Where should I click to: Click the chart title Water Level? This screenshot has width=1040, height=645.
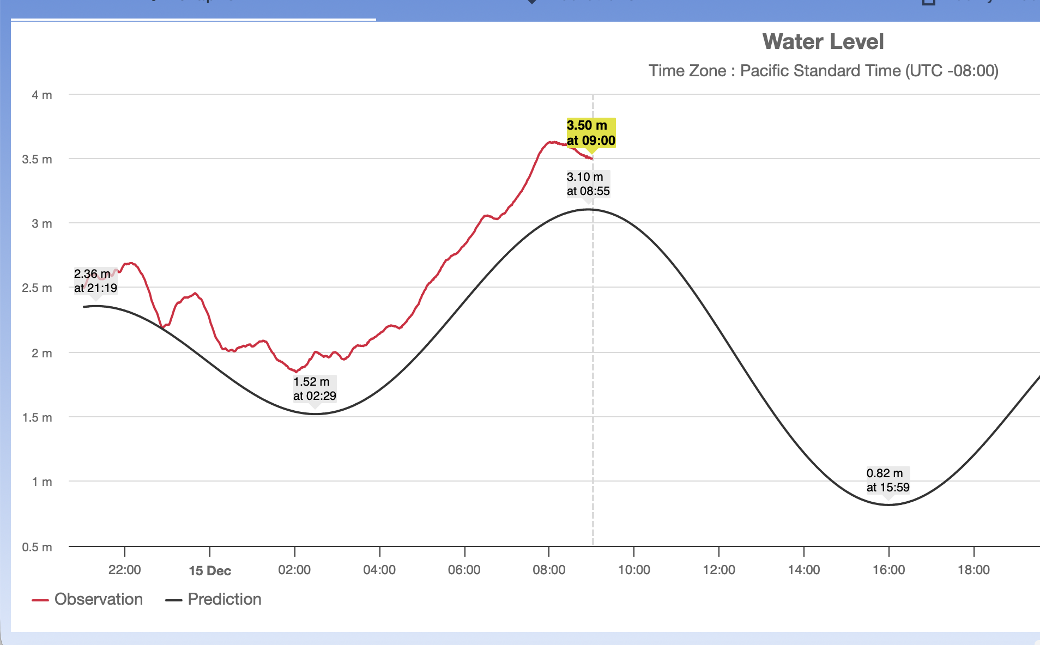[x=823, y=42]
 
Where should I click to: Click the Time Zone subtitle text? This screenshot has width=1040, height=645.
[x=823, y=71]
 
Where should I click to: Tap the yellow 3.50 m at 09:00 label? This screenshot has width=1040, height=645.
[x=591, y=133]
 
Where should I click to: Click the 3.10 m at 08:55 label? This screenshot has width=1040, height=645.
[x=588, y=184]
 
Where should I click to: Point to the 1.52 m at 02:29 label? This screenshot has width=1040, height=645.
[x=315, y=388]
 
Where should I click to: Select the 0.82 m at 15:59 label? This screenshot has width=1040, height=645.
[x=887, y=480]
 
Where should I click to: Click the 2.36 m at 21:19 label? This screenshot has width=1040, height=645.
[x=95, y=281]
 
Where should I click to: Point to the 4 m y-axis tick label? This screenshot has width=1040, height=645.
[x=42, y=95]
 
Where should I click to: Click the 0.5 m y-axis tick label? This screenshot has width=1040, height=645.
[x=37, y=547]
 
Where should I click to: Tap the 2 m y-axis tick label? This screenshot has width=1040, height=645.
[x=42, y=353]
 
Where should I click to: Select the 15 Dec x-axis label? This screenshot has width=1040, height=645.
[x=210, y=571]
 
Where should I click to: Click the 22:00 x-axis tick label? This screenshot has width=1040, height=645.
[x=124, y=570]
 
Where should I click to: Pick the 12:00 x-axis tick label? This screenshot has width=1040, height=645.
[x=719, y=570]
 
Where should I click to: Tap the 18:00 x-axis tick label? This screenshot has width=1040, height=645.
[x=974, y=570]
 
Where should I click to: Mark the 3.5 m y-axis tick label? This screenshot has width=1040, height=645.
[x=37, y=160]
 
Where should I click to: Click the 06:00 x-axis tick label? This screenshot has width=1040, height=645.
[x=464, y=570]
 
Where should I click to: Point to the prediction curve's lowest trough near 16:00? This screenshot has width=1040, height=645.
[x=888, y=504]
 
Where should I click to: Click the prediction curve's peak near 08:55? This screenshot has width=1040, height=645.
[x=588, y=209]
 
